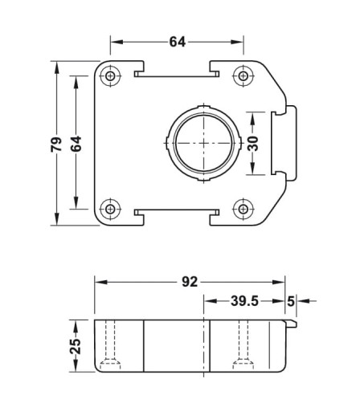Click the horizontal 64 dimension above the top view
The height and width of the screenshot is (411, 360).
(178, 42)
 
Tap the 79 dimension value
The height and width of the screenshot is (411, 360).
(56, 144)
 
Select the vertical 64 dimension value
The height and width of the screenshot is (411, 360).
(76, 144)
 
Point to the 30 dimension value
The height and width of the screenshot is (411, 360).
(252, 144)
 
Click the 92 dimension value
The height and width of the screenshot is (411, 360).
(190, 282)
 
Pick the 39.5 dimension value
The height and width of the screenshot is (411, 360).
(244, 301)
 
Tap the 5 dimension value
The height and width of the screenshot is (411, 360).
(291, 302)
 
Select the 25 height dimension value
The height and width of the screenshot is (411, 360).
(76, 347)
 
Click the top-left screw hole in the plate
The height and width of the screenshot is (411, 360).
(110, 76)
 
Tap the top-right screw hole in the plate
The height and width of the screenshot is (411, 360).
(243, 76)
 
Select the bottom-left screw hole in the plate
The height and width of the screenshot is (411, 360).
(110, 209)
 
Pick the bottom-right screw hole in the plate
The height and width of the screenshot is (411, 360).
(243, 209)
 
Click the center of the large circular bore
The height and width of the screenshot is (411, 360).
(204, 143)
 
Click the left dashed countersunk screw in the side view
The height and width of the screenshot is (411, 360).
(110, 344)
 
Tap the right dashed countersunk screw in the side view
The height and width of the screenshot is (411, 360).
(243, 344)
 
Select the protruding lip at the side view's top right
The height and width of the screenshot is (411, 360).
(292, 324)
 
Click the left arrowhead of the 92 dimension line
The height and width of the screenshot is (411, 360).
(101, 282)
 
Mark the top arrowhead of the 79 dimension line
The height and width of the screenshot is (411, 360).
(56, 67)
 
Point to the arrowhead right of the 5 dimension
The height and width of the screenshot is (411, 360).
(303, 301)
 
